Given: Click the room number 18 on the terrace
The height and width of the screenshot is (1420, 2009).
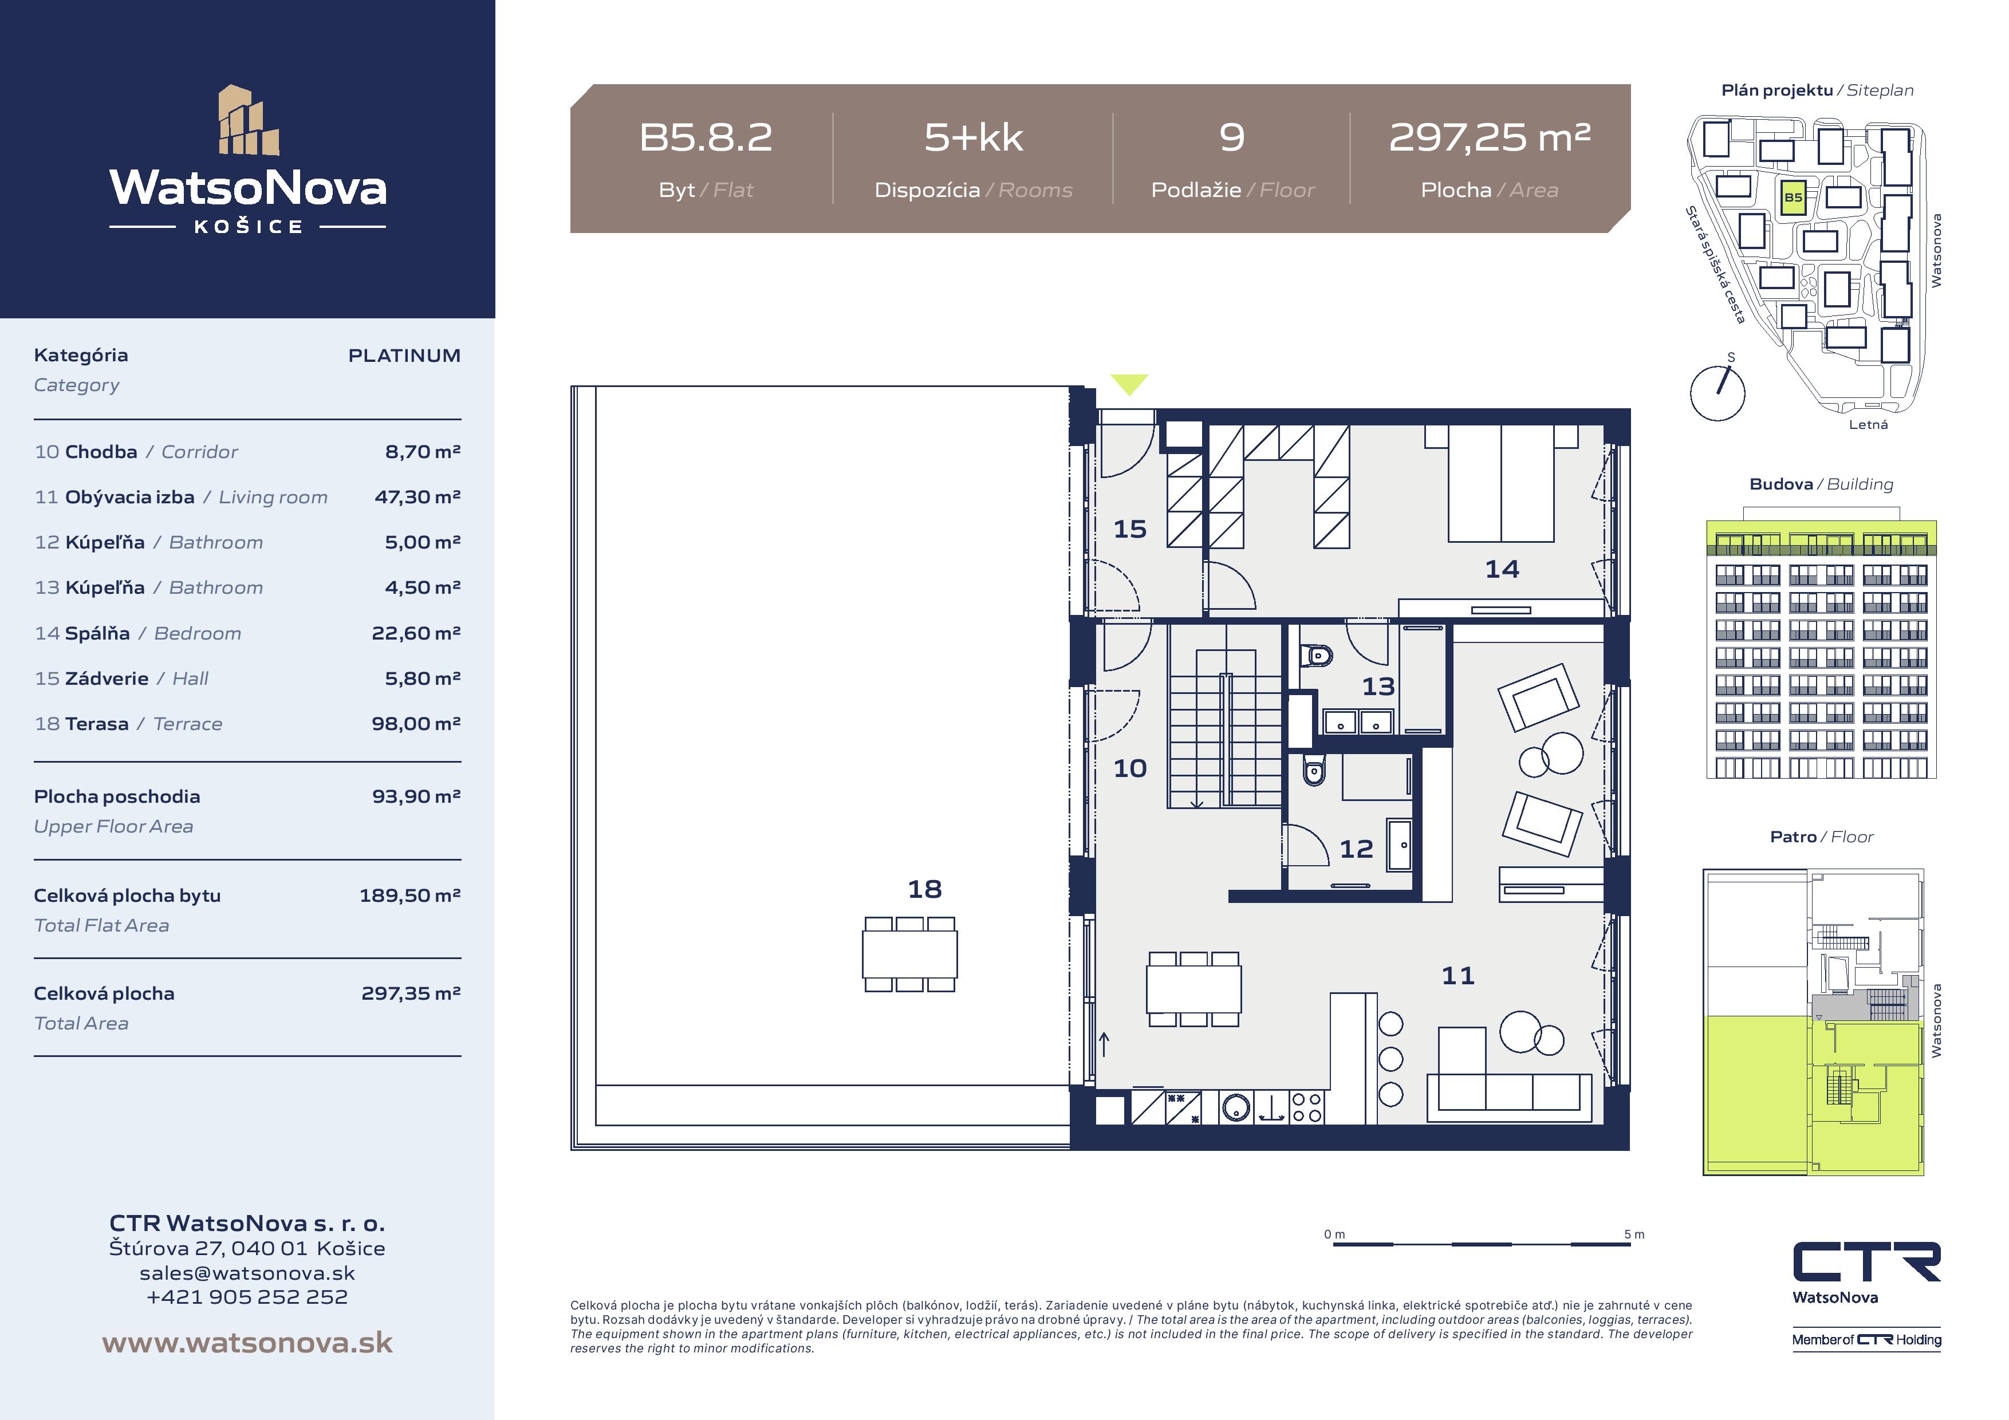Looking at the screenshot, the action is pyautogui.click(x=925, y=889).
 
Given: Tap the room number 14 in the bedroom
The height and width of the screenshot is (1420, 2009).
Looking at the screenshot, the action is pyautogui.click(x=1502, y=570).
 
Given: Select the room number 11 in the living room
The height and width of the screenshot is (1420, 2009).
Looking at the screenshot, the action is pyautogui.click(x=1457, y=976).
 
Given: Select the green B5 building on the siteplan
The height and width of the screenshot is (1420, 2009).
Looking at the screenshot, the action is pyautogui.click(x=1793, y=198).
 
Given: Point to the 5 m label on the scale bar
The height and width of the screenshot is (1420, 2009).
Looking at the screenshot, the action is pyautogui.click(x=1634, y=1234).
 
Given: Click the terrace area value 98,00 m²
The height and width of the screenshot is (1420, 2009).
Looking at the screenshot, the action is pyautogui.click(x=416, y=724).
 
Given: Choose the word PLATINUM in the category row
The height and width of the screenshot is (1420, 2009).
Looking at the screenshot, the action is pyautogui.click(x=404, y=355).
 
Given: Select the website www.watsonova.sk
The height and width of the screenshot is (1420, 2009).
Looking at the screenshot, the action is pyautogui.click(x=247, y=1343).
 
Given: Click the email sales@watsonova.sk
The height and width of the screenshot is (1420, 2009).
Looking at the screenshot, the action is pyautogui.click(x=247, y=1273).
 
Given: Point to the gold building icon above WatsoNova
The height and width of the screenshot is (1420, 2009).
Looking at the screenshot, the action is pyautogui.click(x=249, y=120).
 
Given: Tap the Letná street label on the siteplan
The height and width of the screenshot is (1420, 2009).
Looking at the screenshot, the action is pyautogui.click(x=1868, y=424).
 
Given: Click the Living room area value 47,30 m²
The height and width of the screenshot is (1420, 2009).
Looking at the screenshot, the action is pyautogui.click(x=417, y=497).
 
